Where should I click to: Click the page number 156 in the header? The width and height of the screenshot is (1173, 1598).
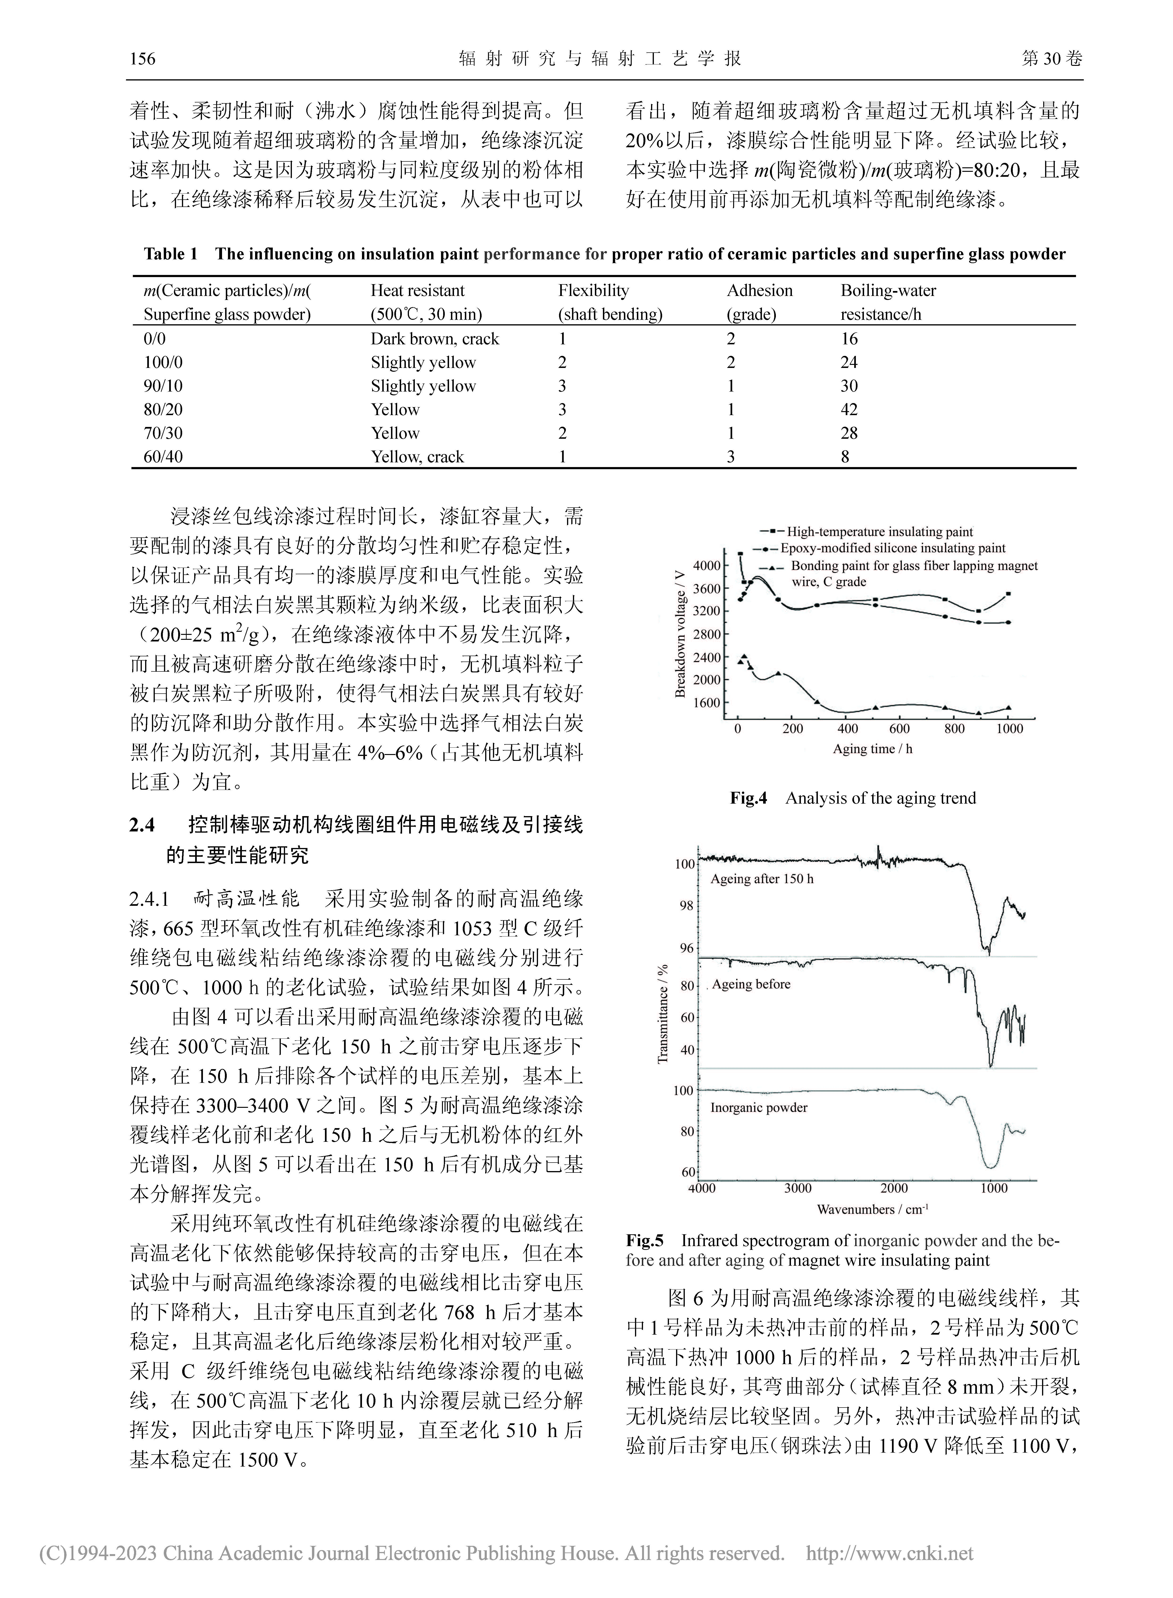click(143, 58)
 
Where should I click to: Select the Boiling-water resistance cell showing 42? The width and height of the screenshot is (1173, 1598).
click(849, 410)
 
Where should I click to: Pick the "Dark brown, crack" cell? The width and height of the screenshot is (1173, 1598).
click(435, 339)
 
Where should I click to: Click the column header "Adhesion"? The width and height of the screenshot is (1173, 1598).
click(759, 291)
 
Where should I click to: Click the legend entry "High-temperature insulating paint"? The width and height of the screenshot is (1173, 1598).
click(879, 532)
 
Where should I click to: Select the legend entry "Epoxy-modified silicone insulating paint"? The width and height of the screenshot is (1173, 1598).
click(892, 548)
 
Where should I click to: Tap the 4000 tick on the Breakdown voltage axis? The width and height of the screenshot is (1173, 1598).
click(706, 565)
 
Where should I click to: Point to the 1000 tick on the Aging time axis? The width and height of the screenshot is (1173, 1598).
click(1010, 729)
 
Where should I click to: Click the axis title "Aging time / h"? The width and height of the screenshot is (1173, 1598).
click(873, 749)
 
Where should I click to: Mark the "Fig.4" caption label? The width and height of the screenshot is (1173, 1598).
click(748, 798)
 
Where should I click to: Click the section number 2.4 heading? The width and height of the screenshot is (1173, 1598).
click(142, 825)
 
